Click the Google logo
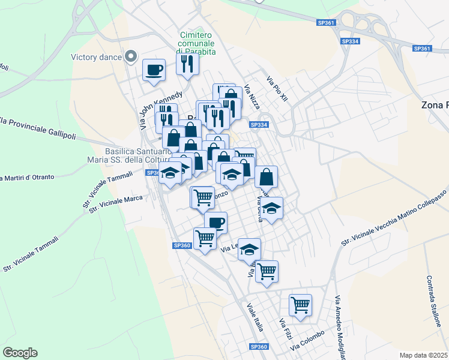tap(20, 353)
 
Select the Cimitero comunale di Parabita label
tap(197, 43)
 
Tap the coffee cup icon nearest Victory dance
tap(154, 69)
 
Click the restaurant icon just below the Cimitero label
tap(187, 63)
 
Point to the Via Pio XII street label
tap(278, 92)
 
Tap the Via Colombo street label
tap(307, 340)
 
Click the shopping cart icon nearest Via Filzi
tap(300, 304)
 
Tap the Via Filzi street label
tap(285, 331)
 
